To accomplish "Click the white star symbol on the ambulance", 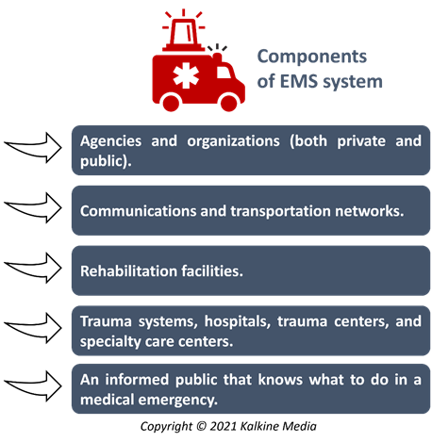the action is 186,75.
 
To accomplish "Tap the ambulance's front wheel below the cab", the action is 228,102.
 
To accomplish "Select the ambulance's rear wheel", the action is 171,102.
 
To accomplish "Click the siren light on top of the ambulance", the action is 184,34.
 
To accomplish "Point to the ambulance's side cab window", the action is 224,73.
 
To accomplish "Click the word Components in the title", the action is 312,57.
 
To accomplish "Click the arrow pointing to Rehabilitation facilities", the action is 33,268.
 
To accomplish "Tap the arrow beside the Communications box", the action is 33,208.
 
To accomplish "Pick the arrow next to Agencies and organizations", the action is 33,148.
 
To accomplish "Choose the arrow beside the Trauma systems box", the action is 33,328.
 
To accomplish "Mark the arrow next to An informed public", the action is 33,386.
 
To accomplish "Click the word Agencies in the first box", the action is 110,141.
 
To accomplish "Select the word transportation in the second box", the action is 280,211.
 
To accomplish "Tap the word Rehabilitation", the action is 128,270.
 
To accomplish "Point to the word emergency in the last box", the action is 178,401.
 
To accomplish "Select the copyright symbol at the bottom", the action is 201,426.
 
